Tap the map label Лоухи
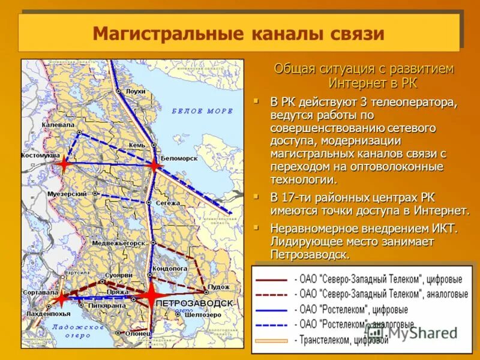tap(136, 91)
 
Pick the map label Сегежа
tap(168, 203)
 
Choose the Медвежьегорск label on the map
tap(119, 244)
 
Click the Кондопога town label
tap(170, 268)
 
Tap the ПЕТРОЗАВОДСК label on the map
tap(194, 304)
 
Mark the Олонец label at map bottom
tap(138, 334)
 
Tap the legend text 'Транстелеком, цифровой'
tap(342, 340)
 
